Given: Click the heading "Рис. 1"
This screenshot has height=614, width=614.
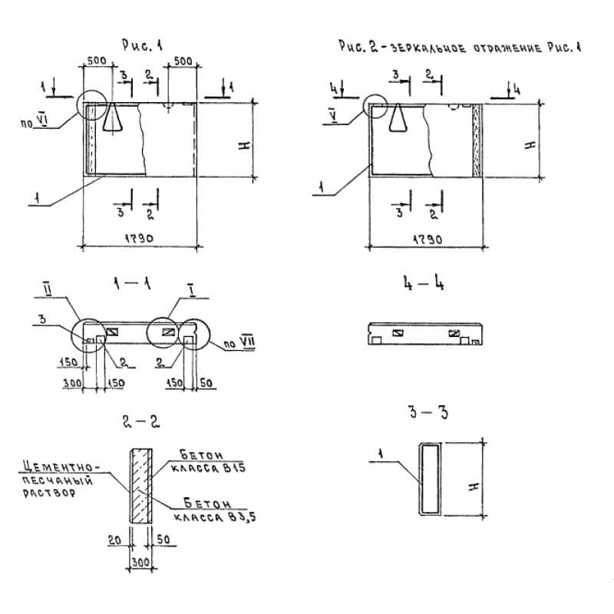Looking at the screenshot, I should click(142, 45).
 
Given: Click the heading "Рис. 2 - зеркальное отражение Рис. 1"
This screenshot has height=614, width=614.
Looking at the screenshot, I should click(460, 48).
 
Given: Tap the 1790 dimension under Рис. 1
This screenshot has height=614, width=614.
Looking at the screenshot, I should click(140, 239).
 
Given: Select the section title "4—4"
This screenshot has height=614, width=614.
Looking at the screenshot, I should click(423, 286).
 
